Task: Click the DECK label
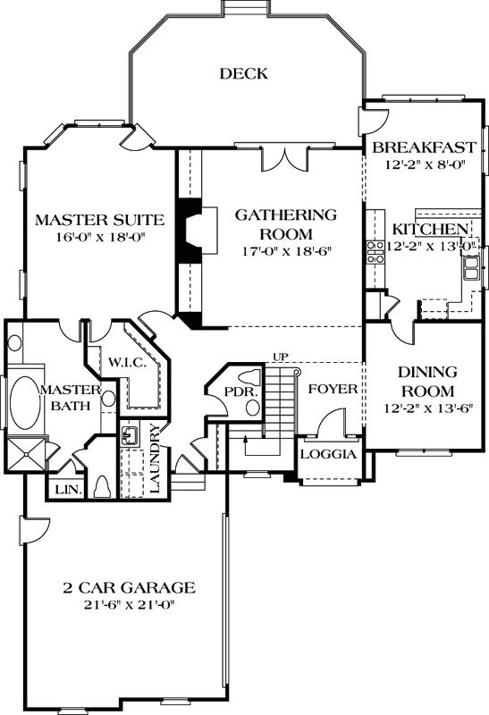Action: tap(243, 74)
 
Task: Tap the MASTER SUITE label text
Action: tap(98, 220)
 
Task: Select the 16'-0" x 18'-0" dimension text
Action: tap(98, 238)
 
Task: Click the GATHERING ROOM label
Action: tap(285, 223)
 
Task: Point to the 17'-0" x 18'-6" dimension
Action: tap(285, 251)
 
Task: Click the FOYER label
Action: tap(333, 391)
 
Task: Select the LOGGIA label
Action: tap(328, 454)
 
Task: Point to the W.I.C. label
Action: tap(122, 362)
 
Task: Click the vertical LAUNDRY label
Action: tap(156, 458)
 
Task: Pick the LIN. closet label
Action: tap(66, 491)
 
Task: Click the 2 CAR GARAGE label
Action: tap(129, 587)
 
